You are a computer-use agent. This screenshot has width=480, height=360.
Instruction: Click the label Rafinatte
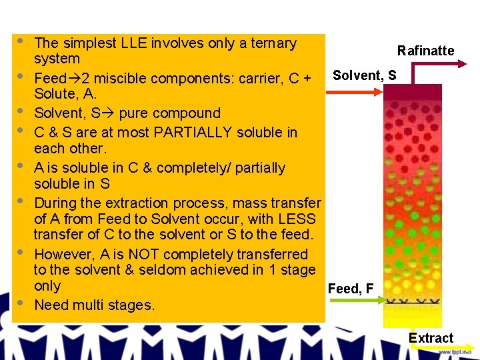click(425, 51)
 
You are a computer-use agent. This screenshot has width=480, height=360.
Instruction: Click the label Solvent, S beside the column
click(364, 75)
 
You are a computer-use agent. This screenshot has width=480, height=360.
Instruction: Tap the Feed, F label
click(351, 289)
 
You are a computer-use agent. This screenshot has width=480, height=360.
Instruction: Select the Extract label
click(431, 338)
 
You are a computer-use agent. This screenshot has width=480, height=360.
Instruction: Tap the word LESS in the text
click(299, 219)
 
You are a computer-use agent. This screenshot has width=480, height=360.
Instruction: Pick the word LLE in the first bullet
click(133, 43)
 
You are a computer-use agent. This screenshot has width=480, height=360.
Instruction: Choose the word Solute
click(53, 94)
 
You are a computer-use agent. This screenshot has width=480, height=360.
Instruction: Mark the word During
click(55, 203)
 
